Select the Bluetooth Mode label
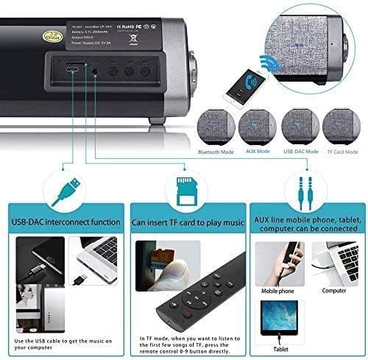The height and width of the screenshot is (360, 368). coord(217,151)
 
